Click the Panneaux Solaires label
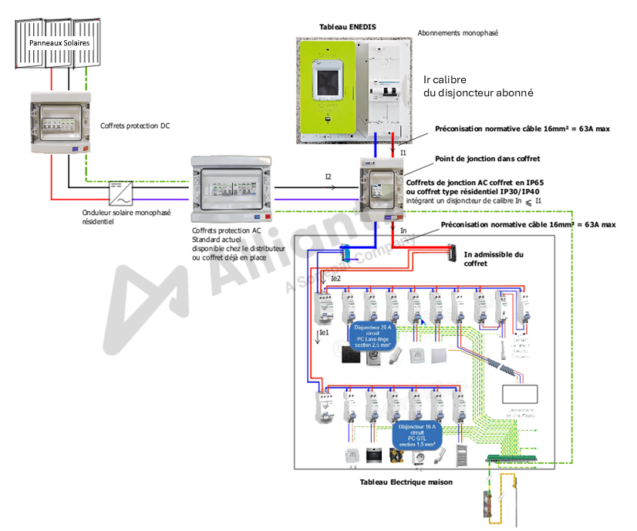(x=59, y=44)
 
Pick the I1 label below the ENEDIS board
(x=403, y=153)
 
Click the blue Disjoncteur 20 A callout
(x=373, y=336)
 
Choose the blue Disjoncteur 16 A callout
(x=416, y=435)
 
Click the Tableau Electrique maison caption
(x=406, y=482)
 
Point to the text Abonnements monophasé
(x=457, y=34)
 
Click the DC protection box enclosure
(x=62, y=123)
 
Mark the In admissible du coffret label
(x=494, y=259)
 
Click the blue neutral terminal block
(x=345, y=250)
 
